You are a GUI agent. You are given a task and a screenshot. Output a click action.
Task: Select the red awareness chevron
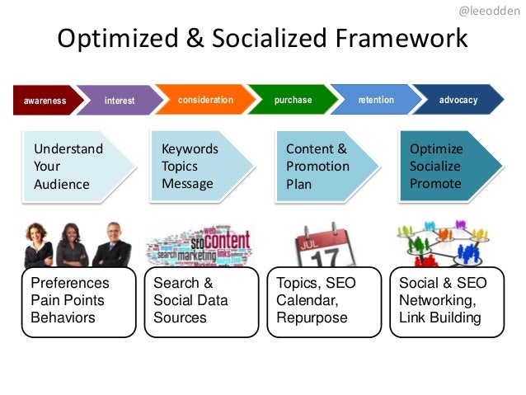click(x=45, y=101)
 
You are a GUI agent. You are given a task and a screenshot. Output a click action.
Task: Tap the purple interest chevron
click(x=120, y=101)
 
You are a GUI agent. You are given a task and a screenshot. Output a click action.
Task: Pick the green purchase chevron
click(x=293, y=100)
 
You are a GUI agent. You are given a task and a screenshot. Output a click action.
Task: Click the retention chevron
click(x=376, y=100)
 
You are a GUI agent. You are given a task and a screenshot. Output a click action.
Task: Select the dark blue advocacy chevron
click(x=458, y=100)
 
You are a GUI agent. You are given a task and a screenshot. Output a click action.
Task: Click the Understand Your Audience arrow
click(x=74, y=167)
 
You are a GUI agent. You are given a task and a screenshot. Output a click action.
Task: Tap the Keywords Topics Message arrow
click(x=198, y=167)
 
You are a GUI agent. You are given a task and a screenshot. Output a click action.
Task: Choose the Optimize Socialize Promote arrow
click(x=445, y=167)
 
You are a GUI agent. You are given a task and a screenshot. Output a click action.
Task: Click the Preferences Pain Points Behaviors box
click(x=78, y=301)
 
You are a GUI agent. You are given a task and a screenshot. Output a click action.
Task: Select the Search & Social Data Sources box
click(x=201, y=301)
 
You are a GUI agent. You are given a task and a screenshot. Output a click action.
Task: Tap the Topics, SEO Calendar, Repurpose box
click(x=324, y=301)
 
